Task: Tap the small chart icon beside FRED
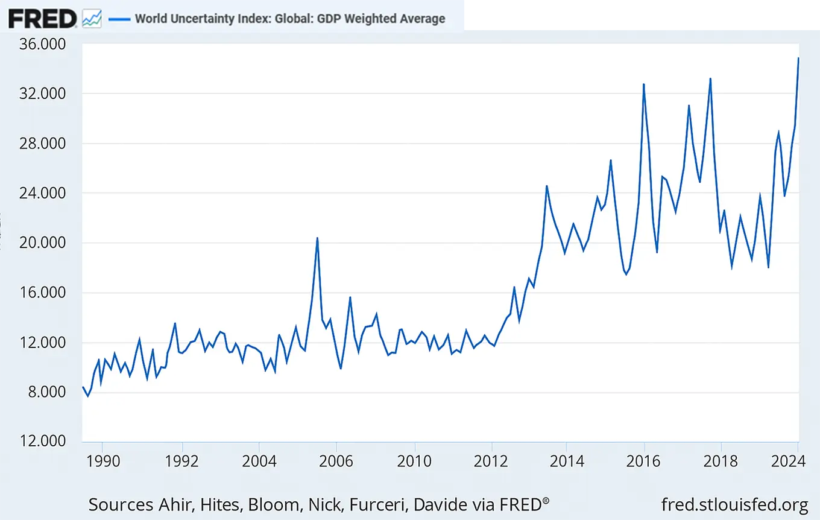[x=92, y=18]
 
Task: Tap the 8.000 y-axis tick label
[x=45, y=393]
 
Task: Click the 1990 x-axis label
[x=103, y=461]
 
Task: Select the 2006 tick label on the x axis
[x=336, y=461]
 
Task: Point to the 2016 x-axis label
[x=645, y=461]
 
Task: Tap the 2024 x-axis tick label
[x=789, y=461]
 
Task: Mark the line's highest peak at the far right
[x=798, y=59]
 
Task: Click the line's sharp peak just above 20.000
[x=317, y=238]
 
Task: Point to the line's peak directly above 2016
[x=644, y=84]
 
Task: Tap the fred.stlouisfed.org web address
[x=734, y=504]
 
